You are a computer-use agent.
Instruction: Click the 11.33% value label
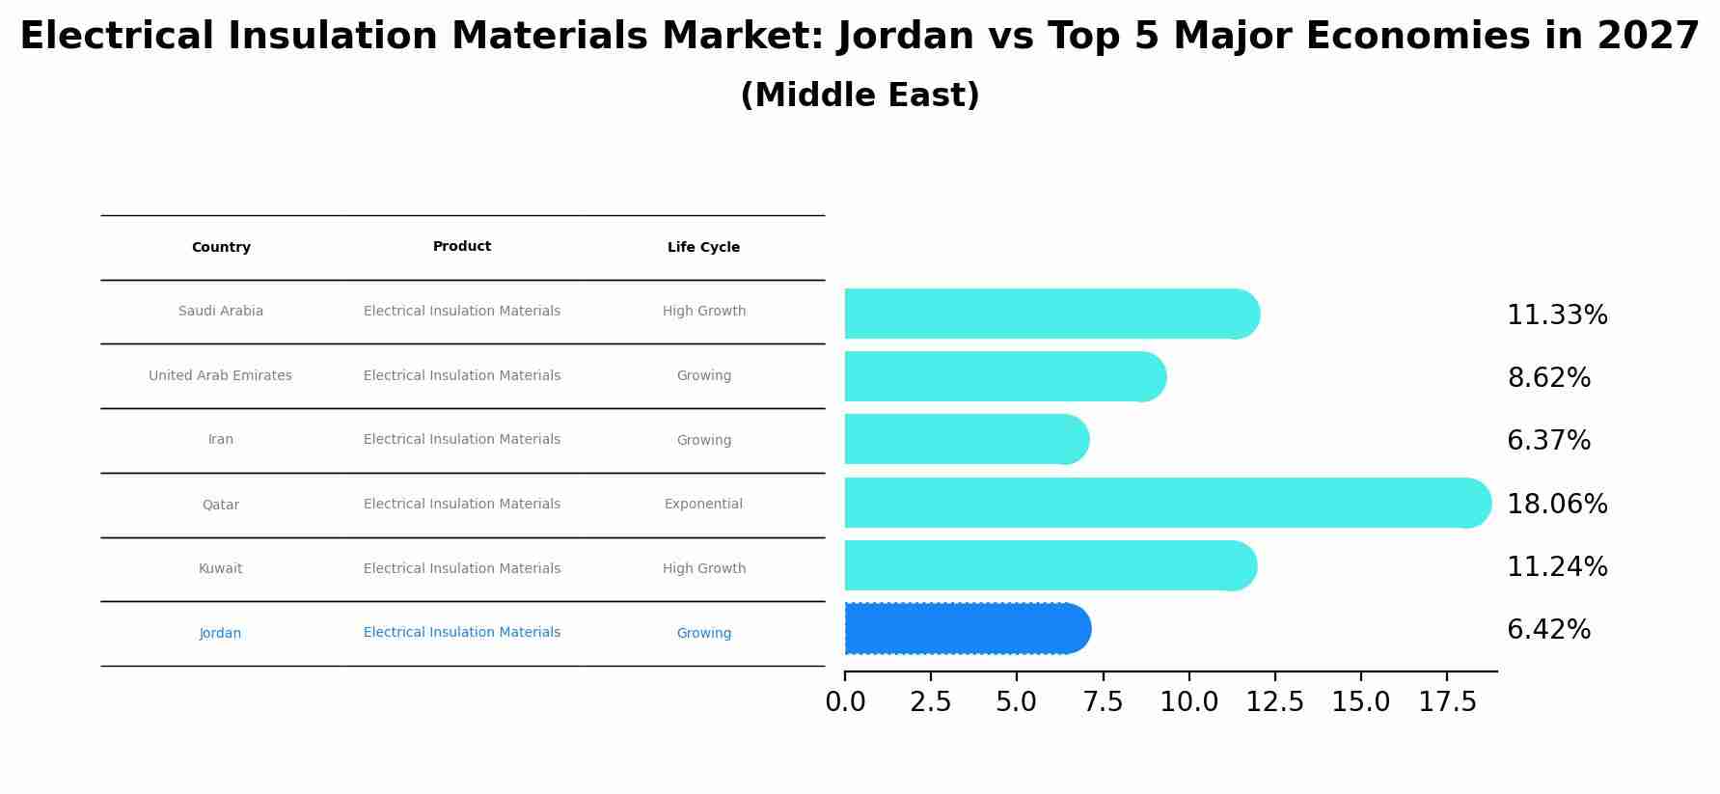1556,315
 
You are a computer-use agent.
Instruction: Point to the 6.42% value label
1548,630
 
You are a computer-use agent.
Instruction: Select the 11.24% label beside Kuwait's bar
1556,567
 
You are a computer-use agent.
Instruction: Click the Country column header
221,248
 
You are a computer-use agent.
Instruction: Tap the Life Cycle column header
703,248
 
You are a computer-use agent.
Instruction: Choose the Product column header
462,247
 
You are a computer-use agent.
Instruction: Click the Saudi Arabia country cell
221,312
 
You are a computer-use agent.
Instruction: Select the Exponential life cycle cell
703,505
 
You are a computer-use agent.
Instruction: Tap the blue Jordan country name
221,634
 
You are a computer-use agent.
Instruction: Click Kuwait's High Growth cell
703,569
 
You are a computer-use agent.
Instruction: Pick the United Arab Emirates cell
220,376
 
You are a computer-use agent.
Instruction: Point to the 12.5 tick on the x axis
1274,702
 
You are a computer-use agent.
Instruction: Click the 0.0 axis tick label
845,702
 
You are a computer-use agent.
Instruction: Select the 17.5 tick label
1447,702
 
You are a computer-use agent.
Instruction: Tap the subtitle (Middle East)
860,96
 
